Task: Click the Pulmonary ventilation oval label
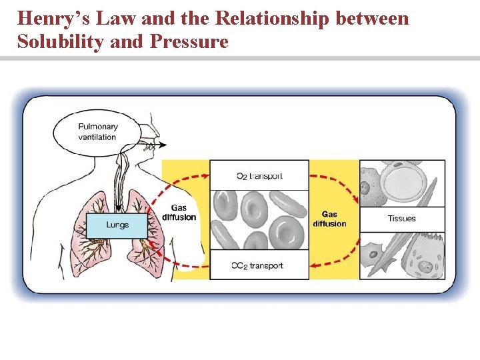click(x=97, y=132)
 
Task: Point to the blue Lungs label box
click(x=117, y=225)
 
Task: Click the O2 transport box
click(x=259, y=176)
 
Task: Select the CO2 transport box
click(x=259, y=265)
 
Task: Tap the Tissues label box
click(x=401, y=219)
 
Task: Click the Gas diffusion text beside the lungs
click(x=179, y=212)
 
